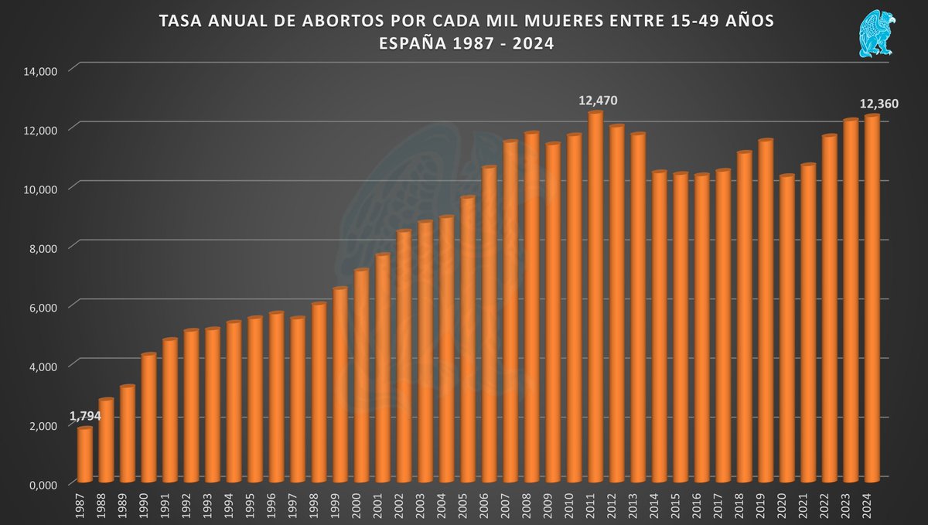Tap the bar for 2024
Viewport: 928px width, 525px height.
pos(872,298)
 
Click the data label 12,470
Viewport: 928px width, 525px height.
pos(598,101)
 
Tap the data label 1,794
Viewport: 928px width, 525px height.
pos(85,417)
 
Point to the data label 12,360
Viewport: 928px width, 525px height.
pos(878,104)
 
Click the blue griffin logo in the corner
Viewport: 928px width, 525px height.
pos(876,34)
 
